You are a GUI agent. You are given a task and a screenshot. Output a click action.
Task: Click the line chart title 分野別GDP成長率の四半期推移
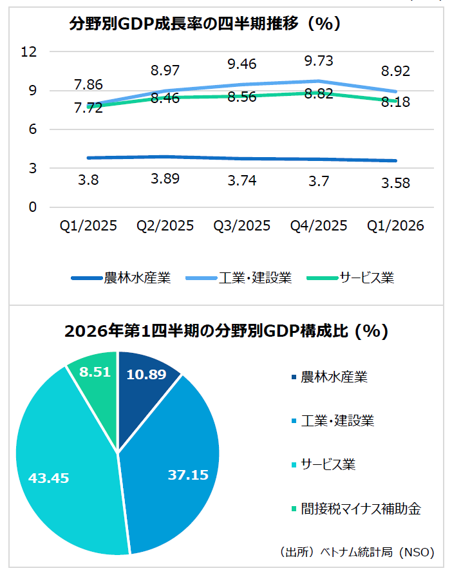click(205, 24)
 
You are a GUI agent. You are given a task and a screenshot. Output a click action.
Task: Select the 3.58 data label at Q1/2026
click(395, 184)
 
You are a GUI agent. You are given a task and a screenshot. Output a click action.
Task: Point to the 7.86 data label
click(88, 85)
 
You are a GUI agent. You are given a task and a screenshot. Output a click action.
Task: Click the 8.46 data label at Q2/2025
click(165, 99)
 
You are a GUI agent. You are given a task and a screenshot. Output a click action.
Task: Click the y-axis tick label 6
click(32, 129)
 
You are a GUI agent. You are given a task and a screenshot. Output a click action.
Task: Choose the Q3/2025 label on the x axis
click(242, 226)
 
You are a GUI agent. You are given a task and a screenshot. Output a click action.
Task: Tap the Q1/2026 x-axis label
click(395, 226)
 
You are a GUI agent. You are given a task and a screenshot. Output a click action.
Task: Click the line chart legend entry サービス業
click(367, 278)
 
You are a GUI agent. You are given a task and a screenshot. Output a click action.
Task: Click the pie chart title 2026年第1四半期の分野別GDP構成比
click(226, 331)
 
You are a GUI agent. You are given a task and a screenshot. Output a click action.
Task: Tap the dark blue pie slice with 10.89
click(145, 380)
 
